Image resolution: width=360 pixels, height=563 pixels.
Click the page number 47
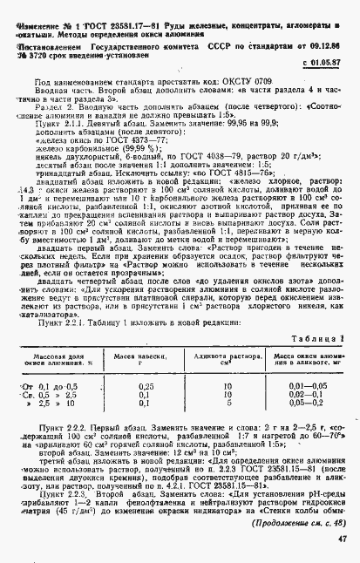(x=342, y=539)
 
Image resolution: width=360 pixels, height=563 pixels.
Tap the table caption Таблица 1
(x=322, y=313)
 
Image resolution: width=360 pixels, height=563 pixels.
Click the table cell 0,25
(x=146, y=360)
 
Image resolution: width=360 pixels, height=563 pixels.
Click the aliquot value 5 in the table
(x=228, y=378)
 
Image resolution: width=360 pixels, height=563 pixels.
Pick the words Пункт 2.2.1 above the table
(x=59, y=296)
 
